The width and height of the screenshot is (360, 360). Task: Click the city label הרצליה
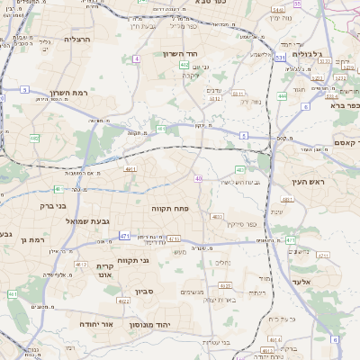pyautogui.click(x=79, y=40)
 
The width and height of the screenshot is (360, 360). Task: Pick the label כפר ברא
pyautogui.click(x=345, y=105)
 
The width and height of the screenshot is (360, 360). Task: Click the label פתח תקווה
pyautogui.click(x=168, y=208)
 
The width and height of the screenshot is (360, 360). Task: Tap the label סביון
pyautogui.click(x=145, y=291)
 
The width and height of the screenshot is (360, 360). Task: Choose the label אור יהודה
pyautogui.click(x=94, y=323)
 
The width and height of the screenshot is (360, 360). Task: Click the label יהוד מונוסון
pyautogui.click(x=149, y=323)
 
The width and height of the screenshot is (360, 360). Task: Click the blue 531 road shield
pyautogui.click(x=280, y=57)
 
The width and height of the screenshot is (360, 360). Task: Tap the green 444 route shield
pyautogui.click(x=282, y=95)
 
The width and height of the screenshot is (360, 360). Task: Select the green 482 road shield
pyautogui.click(x=34, y=138)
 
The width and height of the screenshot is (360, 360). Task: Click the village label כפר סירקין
pyautogui.click(x=242, y=223)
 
